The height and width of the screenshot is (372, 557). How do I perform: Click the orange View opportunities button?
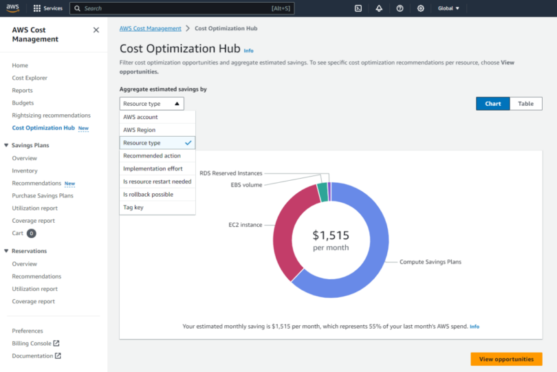pyautogui.click(x=506, y=359)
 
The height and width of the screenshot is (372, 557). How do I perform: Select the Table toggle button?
pyautogui.click(x=525, y=104)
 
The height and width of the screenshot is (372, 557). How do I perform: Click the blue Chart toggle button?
pyautogui.click(x=492, y=104)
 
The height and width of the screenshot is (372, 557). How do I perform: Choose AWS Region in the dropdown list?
pyautogui.click(x=140, y=130)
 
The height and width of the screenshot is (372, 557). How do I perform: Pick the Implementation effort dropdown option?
pyautogui.click(x=153, y=168)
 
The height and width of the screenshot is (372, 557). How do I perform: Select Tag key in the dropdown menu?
pyautogui.click(x=133, y=207)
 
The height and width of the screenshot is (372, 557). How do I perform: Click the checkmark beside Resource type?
pyautogui.click(x=188, y=143)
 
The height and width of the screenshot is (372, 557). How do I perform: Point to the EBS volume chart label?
pyautogui.click(x=246, y=185)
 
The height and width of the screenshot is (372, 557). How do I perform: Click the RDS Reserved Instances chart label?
pyautogui.click(x=230, y=173)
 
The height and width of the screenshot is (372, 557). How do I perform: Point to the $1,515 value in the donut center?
pyautogui.click(x=331, y=235)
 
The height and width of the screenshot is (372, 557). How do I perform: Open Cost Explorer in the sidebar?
pyautogui.click(x=29, y=78)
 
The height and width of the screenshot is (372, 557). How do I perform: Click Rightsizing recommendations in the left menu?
pyautogui.click(x=51, y=116)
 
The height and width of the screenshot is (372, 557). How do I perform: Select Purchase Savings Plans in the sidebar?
pyautogui.click(x=43, y=196)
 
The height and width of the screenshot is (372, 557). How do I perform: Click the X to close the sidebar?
pyautogui.click(x=96, y=30)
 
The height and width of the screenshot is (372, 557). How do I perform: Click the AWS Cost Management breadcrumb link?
pyautogui.click(x=151, y=29)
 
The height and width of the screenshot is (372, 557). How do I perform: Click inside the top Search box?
pyautogui.click(x=179, y=8)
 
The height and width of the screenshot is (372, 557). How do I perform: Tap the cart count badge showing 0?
pyautogui.click(x=32, y=234)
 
